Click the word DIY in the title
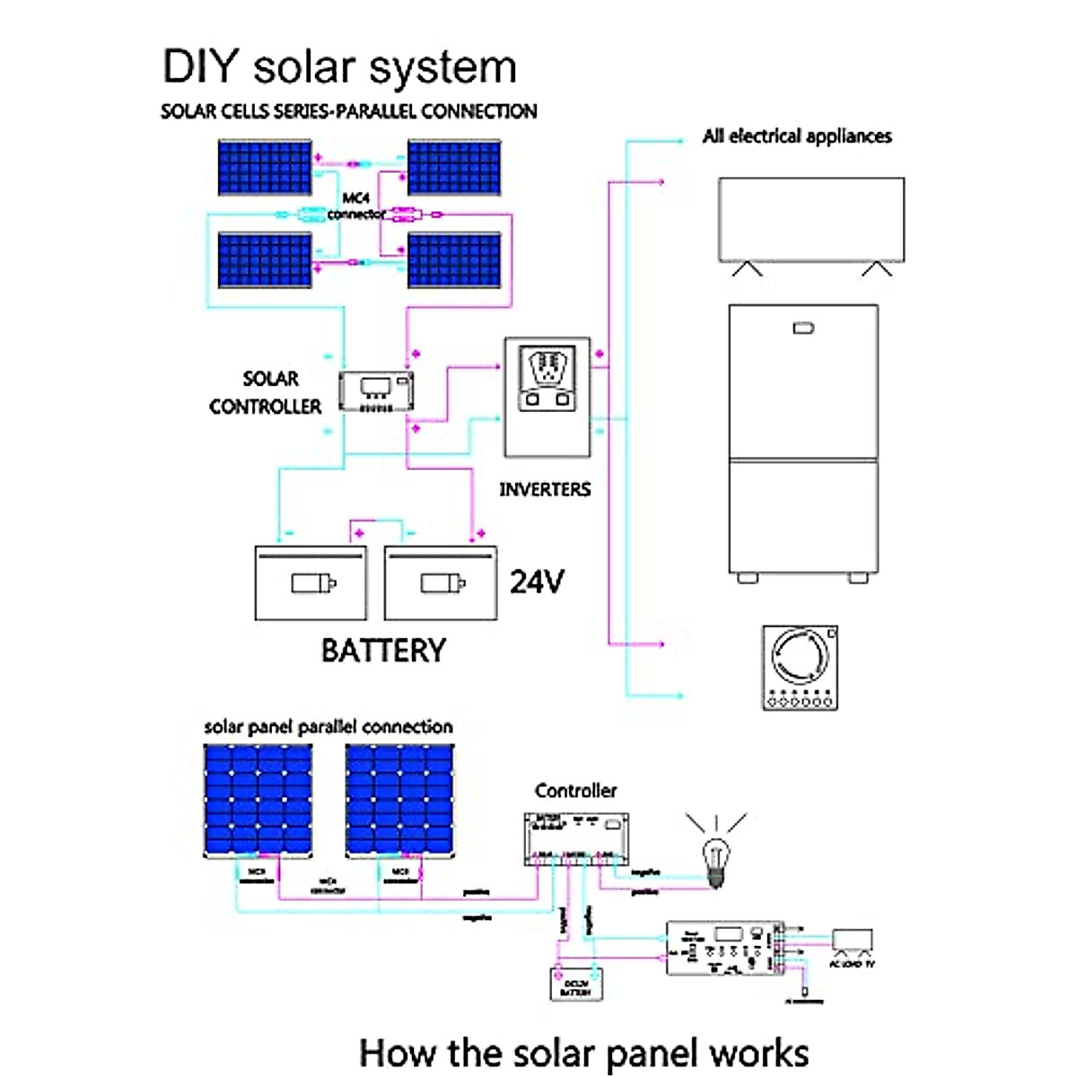coord(200,67)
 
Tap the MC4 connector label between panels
coord(356,206)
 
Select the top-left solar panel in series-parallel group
coord(265,167)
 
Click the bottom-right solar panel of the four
coord(454,260)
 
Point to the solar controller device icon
coord(376,392)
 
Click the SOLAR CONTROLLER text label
coord(266,393)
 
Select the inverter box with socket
coord(547,397)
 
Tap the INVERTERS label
coord(545,490)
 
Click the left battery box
coord(311,583)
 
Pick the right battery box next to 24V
coord(441,583)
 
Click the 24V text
coord(537,582)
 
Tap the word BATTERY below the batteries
coord(383,651)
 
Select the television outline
coord(811,220)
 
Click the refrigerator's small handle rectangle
coord(803,328)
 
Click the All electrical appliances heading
coord(797,136)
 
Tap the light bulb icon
coord(715,857)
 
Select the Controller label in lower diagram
coord(575,791)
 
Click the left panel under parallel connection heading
coord(258,801)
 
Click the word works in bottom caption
coord(758,1053)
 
